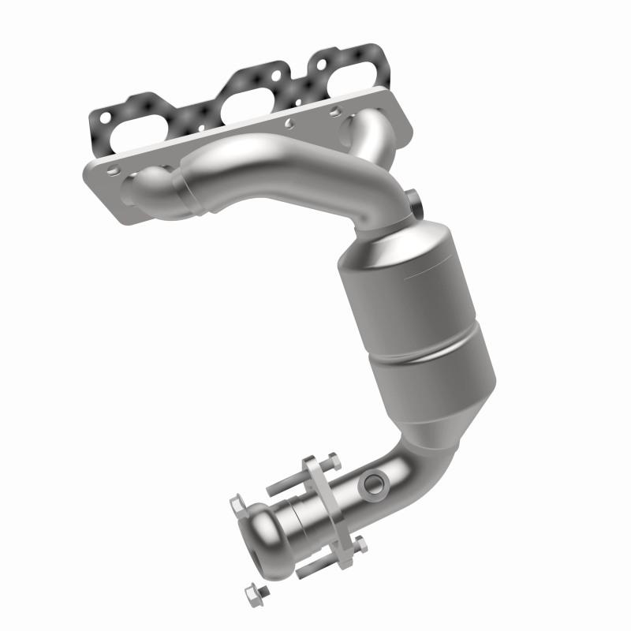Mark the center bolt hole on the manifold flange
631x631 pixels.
click(289, 123)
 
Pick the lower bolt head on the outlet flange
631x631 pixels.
click(360, 544)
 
